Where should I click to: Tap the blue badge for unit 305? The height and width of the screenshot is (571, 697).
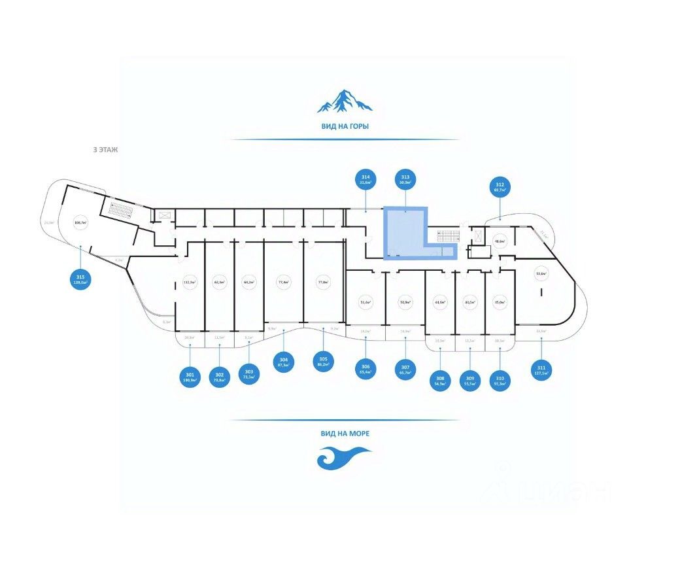pyautogui.click(x=322, y=361)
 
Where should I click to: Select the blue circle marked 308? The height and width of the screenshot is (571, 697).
pyautogui.click(x=440, y=380)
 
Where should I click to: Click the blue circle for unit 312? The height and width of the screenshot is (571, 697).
pyautogui.click(x=500, y=187)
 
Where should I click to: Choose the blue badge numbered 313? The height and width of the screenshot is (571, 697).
pyautogui.click(x=405, y=180)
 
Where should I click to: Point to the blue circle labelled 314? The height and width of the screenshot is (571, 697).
pyautogui.click(x=365, y=180)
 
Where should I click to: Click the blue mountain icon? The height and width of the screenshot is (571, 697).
pyautogui.click(x=345, y=101)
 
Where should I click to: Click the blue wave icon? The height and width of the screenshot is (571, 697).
pyautogui.click(x=344, y=457)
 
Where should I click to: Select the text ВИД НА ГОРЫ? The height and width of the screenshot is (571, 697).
pyautogui.click(x=345, y=126)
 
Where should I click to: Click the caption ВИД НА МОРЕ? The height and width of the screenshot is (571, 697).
pyautogui.click(x=345, y=433)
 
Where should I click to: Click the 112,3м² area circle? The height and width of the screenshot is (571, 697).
pyautogui.click(x=190, y=283)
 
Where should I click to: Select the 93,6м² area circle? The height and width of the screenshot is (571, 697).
pyautogui.click(x=541, y=275)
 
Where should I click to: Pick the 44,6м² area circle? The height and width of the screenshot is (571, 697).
pyautogui.click(x=439, y=302)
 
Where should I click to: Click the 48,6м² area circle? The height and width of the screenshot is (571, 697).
pyautogui.click(x=500, y=241)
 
